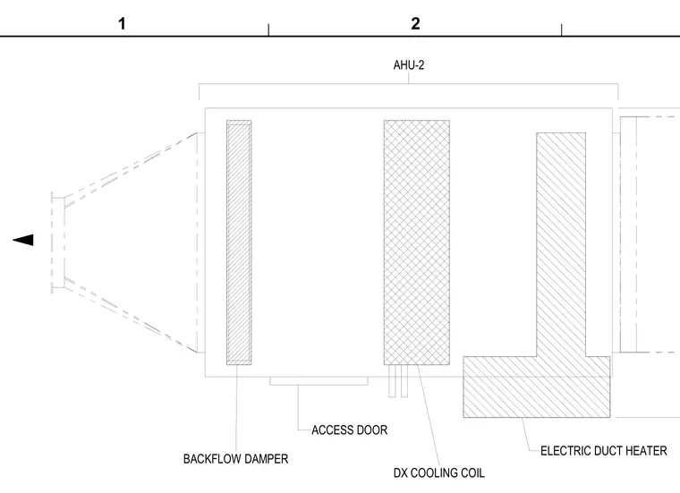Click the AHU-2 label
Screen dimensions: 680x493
[x=409, y=65]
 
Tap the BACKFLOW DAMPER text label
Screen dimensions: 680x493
[x=235, y=459]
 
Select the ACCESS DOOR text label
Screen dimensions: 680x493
[x=350, y=430]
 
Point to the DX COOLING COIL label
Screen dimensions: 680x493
[x=439, y=472]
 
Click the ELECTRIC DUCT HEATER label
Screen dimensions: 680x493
[x=604, y=451]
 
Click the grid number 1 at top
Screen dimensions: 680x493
[x=122, y=23]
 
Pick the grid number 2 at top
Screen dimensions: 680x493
[x=415, y=23]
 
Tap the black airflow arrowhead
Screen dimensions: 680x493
[x=23, y=240]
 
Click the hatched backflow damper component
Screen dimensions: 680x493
[x=239, y=242]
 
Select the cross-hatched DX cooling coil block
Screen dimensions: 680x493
[x=417, y=242]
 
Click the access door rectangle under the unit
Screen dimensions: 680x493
[x=319, y=380]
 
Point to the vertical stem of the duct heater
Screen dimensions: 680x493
[x=561, y=244]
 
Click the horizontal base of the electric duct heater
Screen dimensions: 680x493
[x=537, y=387]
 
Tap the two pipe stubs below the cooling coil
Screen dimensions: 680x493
[x=398, y=380]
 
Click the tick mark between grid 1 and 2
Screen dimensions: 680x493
[x=268, y=30]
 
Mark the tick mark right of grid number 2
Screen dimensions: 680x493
[x=561, y=30]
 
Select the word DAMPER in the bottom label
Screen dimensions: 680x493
[x=266, y=459]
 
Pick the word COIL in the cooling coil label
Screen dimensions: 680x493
[x=472, y=472]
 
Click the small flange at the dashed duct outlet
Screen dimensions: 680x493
[x=58, y=242]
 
